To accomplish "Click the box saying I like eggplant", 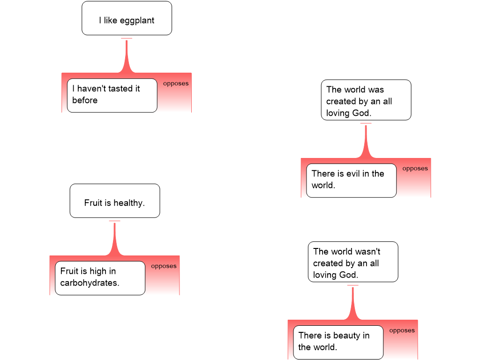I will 127,18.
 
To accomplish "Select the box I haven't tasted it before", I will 112,95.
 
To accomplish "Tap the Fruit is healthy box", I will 114,201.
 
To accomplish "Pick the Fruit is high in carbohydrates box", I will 100,278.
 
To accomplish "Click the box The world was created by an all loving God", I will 366,100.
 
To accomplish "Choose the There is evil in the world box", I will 351,180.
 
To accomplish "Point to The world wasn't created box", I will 352,262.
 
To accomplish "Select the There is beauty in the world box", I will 338,342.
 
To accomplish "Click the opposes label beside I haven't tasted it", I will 176,83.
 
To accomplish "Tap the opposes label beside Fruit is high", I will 164,266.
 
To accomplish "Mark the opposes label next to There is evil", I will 415,169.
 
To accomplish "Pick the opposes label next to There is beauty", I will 402,330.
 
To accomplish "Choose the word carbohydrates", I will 90,283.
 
